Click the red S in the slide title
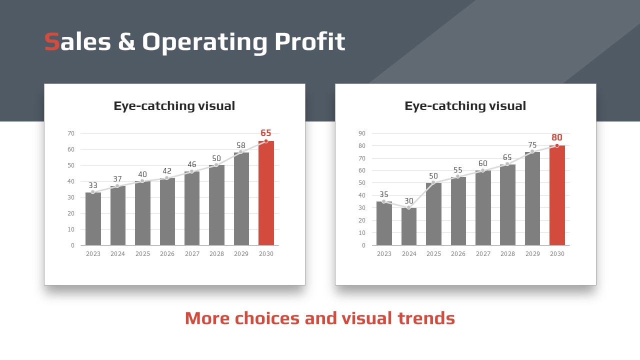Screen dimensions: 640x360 point(52,41)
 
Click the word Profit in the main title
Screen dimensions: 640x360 point(309,41)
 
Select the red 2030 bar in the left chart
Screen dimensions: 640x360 point(266,193)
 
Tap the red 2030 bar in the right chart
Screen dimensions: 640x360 point(557,195)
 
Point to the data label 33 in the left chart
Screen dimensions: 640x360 point(93,185)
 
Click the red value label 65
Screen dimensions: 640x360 point(265,133)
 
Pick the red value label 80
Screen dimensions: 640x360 point(557,137)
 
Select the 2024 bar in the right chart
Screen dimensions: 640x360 point(409,226)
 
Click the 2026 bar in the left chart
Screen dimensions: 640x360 point(167,211)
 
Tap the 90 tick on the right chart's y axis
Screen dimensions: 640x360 point(362,133)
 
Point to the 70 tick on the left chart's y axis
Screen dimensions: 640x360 point(71,133)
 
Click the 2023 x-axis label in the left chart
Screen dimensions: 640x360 point(93,253)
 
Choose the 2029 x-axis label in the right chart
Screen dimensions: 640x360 point(532,253)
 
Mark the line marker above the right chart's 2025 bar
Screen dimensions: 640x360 point(433,182)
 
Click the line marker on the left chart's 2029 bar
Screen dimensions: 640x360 point(241,152)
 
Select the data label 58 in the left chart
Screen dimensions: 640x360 point(241,145)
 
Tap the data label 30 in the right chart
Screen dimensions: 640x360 point(409,201)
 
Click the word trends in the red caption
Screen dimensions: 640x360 point(426,318)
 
